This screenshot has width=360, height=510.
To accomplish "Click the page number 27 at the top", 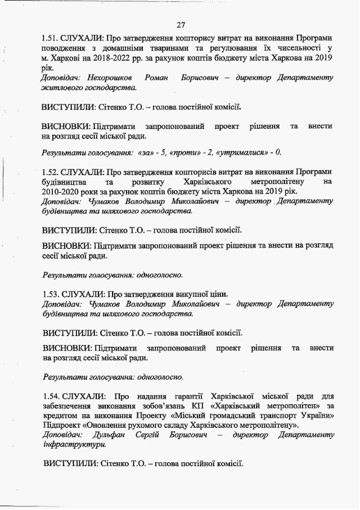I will [181, 25].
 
